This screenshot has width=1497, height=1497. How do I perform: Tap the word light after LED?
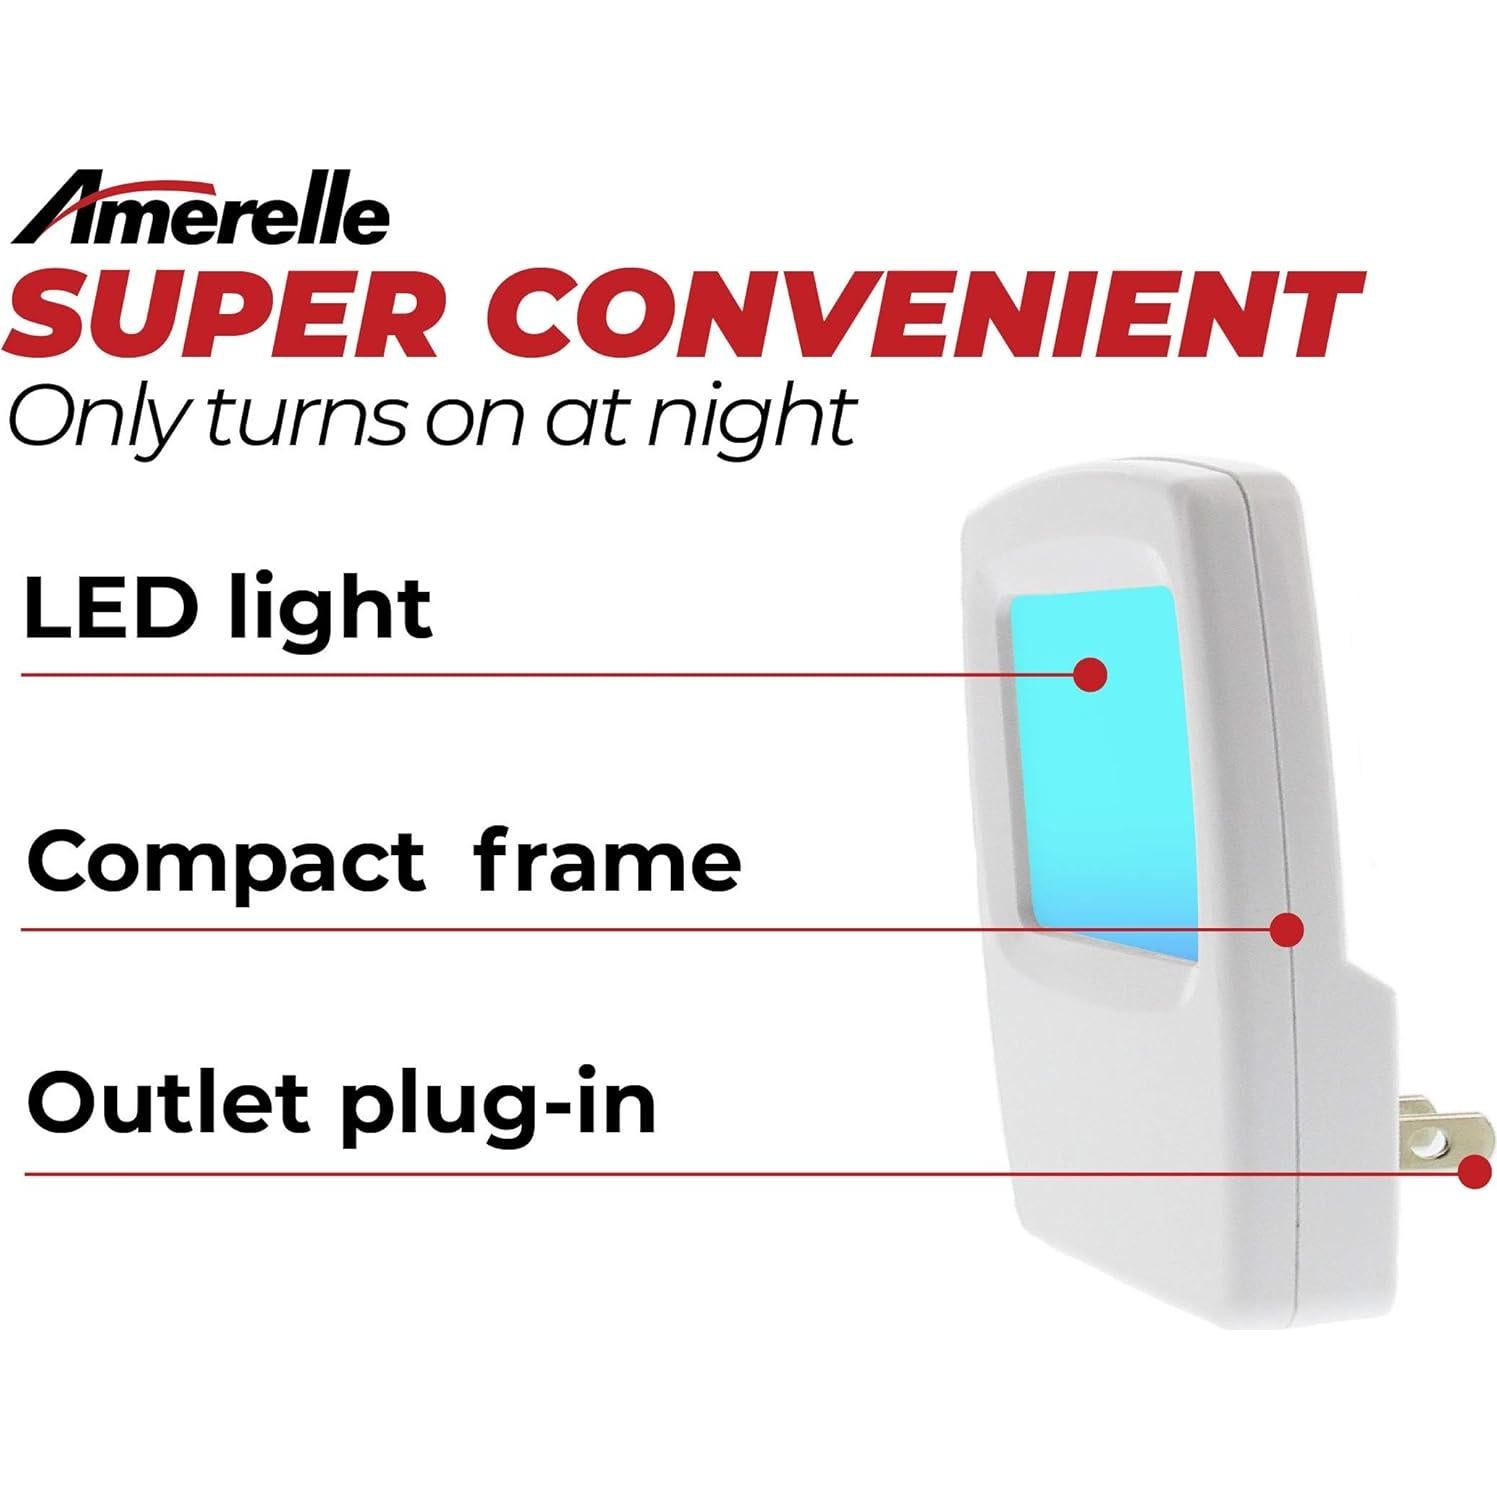click(x=330, y=610)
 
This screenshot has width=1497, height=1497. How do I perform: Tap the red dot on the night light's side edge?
click(x=1287, y=929)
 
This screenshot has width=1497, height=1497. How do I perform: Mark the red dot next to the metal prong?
click(x=1476, y=1171)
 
